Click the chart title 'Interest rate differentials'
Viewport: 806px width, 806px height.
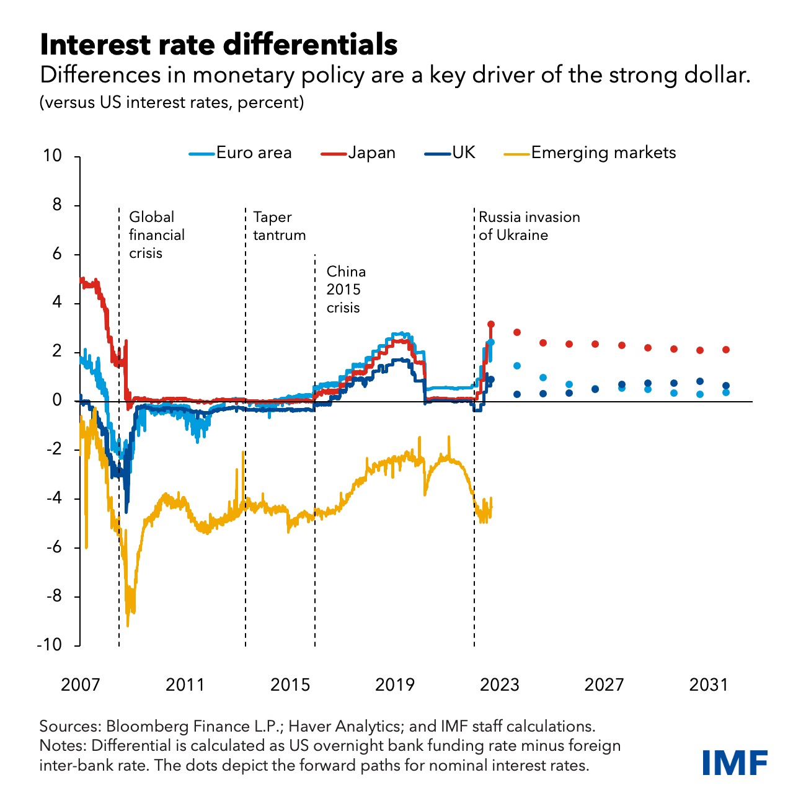point(218,45)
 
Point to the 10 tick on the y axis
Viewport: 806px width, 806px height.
point(53,156)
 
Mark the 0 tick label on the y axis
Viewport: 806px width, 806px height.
point(58,401)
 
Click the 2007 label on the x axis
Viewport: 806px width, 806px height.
point(81,684)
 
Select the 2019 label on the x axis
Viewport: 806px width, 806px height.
point(395,684)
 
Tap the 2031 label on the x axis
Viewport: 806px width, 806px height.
point(709,684)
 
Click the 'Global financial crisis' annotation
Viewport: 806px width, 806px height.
point(156,235)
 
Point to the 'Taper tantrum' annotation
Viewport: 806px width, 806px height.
point(279,226)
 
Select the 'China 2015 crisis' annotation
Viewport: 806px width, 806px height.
point(346,290)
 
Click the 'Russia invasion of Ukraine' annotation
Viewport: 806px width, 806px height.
point(529,226)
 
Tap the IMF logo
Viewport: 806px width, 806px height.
point(735,763)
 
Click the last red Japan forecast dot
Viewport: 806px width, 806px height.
point(726,350)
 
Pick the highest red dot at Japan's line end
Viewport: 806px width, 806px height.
point(491,324)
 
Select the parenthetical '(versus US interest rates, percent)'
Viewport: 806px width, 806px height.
point(172,102)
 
